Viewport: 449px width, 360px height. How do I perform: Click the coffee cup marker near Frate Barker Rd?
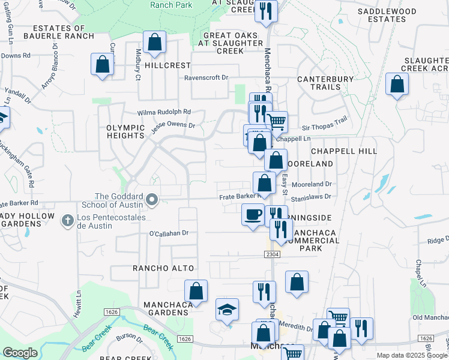[253, 214]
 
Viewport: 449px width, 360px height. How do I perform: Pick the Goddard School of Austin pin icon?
[152, 199]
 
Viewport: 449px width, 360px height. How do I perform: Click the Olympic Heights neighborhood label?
[125, 131]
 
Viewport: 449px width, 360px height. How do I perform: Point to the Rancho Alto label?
[163, 268]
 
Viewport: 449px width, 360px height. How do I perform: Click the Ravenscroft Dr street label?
[206, 77]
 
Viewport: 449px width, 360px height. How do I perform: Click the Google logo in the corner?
[20, 353]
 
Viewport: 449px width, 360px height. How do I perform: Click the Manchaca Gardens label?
[160, 308]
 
